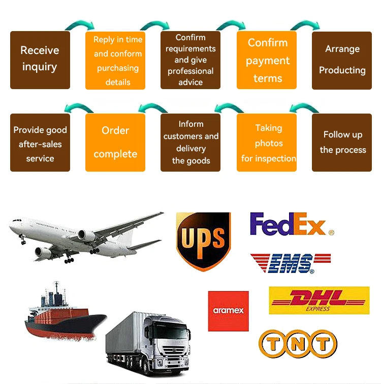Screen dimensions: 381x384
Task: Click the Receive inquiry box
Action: tap(40, 60)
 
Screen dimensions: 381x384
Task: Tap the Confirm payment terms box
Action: tap(267, 60)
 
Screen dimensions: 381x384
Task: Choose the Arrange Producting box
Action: tap(342, 60)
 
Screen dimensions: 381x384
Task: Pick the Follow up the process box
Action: tap(342, 142)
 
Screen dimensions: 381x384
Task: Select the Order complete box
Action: tap(115, 142)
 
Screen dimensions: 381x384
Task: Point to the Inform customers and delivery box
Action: tap(190, 142)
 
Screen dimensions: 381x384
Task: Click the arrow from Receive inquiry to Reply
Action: tap(78, 25)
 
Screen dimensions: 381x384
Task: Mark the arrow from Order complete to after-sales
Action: tap(78, 107)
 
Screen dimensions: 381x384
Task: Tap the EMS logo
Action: tap(290, 263)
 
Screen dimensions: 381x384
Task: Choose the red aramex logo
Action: tap(228, 311)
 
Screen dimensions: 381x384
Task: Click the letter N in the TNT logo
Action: tap(298, 344)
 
